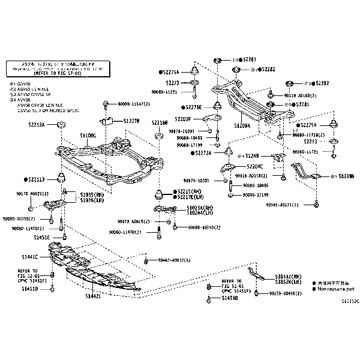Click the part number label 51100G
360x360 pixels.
click(88, 136)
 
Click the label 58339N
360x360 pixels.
click(344, 176)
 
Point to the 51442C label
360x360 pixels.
click(93, 295)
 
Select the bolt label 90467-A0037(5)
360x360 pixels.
click(174, 260)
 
